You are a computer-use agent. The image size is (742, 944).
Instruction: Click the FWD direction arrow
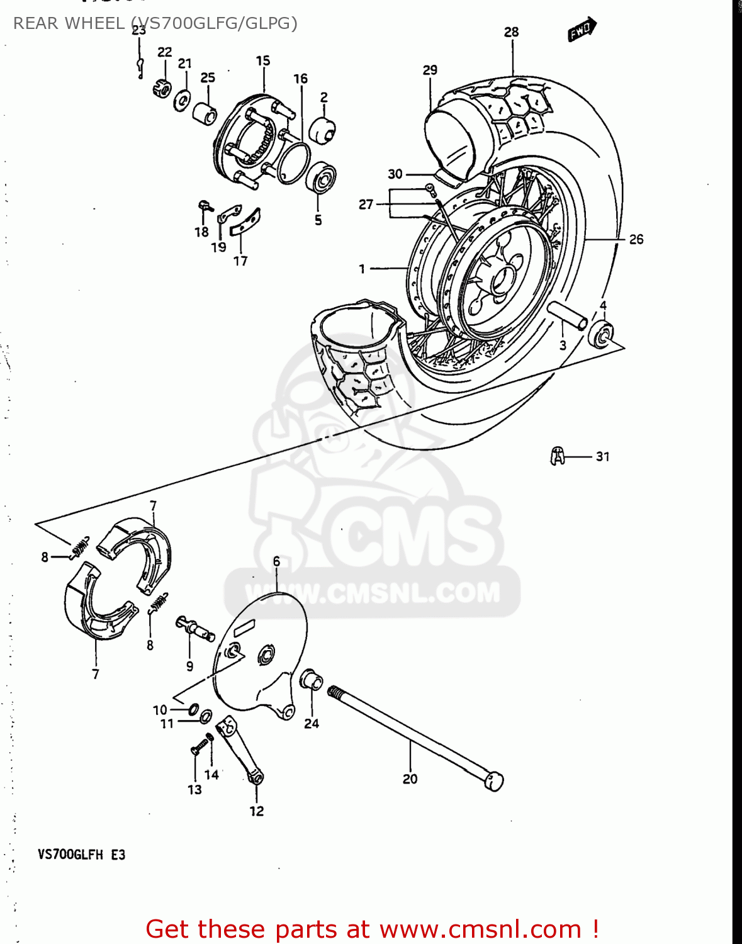click(582, 30)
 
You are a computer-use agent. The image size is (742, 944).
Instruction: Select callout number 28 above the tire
click(512, 32)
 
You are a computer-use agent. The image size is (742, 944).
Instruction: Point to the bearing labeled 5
click(321, 179)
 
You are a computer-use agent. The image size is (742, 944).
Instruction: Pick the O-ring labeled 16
click(294, 163)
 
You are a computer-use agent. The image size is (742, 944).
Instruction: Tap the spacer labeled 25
click(205, 114)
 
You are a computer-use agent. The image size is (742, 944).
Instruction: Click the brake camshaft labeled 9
click(195, 628)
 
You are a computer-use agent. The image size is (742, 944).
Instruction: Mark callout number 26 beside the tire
click(636, 239)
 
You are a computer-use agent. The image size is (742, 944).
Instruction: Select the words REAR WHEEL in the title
click(69, 23)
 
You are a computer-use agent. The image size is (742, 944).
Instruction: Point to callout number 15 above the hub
click(263, 61)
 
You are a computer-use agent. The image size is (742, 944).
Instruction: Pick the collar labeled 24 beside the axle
click(312, 680)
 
